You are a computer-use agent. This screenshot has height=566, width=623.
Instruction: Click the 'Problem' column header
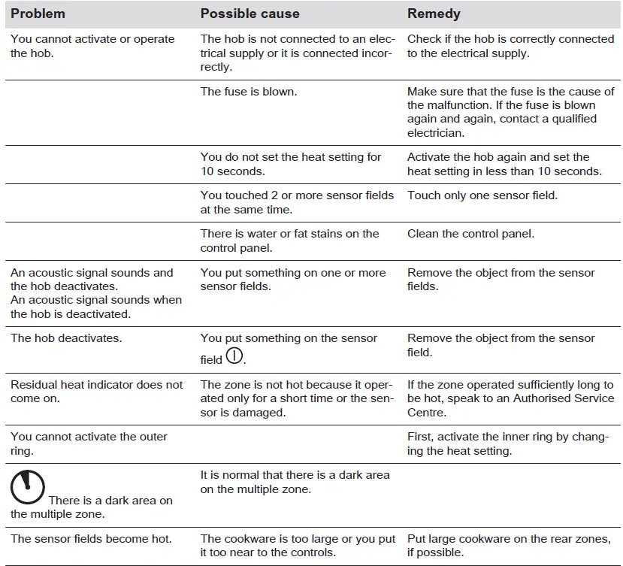pos(38,14)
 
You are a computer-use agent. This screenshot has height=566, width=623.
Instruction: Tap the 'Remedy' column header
pos(434,14)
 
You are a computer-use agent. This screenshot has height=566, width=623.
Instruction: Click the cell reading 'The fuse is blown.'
pos(248,92)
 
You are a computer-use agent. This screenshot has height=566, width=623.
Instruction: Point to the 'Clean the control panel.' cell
pos(470,234)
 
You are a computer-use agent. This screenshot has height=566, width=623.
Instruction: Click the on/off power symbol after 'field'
pos(234,356)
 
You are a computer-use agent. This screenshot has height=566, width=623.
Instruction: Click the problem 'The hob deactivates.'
pos(66,338)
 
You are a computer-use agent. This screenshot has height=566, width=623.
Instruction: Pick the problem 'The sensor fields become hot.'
pos(91,539)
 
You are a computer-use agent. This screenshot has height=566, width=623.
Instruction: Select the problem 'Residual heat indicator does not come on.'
pos(96,392)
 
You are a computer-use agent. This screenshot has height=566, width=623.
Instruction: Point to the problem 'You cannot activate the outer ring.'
pos(89,443)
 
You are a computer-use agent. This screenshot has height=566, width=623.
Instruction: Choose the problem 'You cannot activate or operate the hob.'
pos(92,46)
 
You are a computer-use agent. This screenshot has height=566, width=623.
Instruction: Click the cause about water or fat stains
pos(289,241)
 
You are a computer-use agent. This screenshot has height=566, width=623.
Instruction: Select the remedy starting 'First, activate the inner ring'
pos(507,443)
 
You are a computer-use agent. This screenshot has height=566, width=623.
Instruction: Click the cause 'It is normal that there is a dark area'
pos(295,482)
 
